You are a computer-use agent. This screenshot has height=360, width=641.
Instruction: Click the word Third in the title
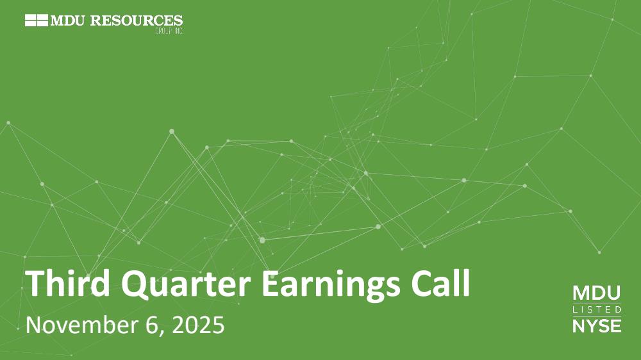click(68, 282)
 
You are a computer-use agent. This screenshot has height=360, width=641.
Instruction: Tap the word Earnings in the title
click(331, 286)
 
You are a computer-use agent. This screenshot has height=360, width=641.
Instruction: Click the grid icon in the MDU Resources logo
click(37, 20)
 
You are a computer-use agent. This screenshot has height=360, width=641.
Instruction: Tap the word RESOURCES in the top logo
click(137, 20)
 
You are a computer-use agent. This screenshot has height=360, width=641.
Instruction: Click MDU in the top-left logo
click(69, 20)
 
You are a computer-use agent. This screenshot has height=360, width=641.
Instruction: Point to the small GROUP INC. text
click(169, 31)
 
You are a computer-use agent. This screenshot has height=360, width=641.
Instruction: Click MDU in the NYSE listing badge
click(596, 293)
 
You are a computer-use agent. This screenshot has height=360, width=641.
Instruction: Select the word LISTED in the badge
click(597, 310)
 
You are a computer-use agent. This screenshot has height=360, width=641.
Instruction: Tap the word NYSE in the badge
click(597, 325)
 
